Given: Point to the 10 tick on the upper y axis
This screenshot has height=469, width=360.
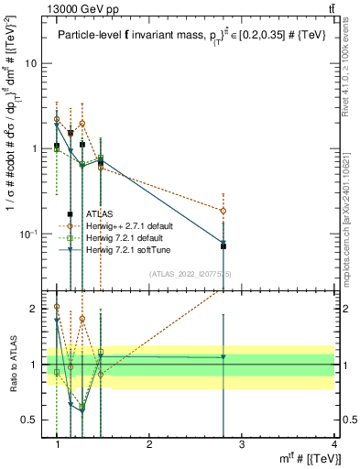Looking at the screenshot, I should tap(34, 64).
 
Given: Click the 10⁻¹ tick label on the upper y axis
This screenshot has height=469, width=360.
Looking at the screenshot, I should tap(32, 234).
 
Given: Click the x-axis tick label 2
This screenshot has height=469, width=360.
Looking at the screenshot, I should tap(149, 444).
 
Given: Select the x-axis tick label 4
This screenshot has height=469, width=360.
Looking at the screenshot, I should tap(334, 444).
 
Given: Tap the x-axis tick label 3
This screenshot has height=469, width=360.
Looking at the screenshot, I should tap(242, 444).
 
